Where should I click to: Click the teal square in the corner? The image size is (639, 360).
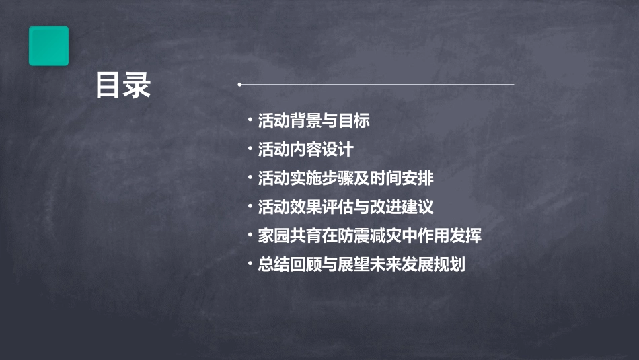tap(48, 46)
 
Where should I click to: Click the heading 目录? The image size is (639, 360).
tap(123, 85)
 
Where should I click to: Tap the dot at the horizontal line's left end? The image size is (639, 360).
tap(239, 85)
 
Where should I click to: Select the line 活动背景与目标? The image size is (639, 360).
tap(313, 121)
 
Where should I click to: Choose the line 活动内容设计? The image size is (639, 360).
tap(305, 149)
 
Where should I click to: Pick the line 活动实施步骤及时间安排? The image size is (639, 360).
tap(346, 178)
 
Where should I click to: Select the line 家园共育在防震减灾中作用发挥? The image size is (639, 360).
tap(369, 236)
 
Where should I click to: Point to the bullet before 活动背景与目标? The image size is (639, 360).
tap(250, 120)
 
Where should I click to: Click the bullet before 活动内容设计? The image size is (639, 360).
tap(250, 149)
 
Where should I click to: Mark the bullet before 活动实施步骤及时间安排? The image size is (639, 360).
tap(250, 178)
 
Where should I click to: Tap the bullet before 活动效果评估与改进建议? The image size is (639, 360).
tap(250, 207)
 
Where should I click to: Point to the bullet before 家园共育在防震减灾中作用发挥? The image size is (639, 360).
tap(250, 236)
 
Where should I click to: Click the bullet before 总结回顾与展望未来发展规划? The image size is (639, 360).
tap(250, 264)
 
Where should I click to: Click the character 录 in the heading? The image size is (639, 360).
tap(137, 85)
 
